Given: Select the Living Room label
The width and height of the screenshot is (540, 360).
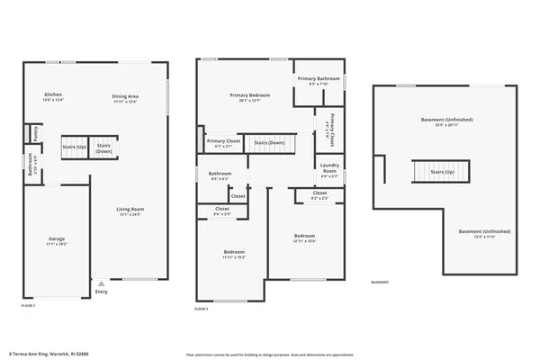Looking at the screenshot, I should pyautogui.click(x=130, y=211).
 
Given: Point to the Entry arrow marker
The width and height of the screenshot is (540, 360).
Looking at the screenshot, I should pyautogui.click(x=101, y=283).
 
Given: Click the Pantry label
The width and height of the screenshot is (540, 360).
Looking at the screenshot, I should pyautogui.click(x=36, y=134).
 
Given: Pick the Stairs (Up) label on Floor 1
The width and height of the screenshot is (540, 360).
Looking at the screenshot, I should pyautogui.click(x=74, y=147).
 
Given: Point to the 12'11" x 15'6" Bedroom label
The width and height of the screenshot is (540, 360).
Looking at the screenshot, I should pyautogui.click(x=304, y=238).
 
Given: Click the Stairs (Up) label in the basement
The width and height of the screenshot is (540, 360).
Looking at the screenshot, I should pyautogui.click(x=442, y=170).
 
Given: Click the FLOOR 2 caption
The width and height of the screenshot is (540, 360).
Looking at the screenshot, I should pyautogui.click(x=202, y=309).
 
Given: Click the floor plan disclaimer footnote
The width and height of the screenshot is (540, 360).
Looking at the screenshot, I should pyautogui.click(x=270, y=354).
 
